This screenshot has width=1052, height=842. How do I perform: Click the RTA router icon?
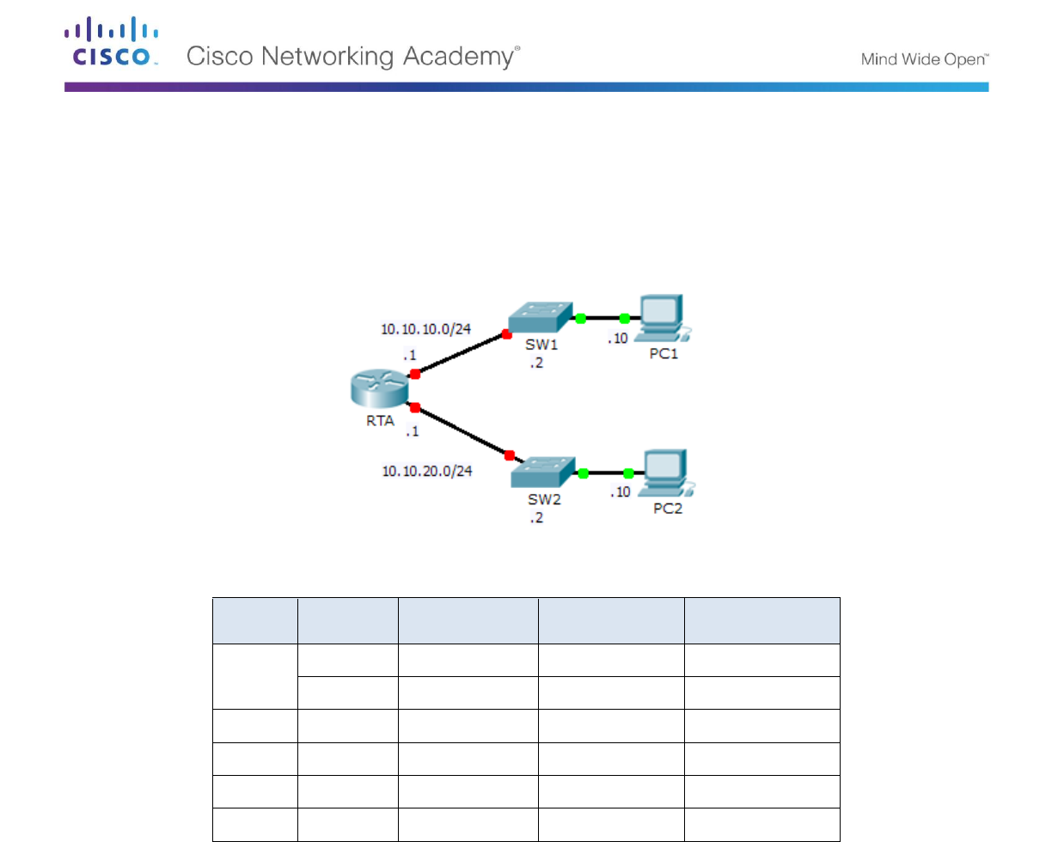pyautogui.click(x=379, y=391)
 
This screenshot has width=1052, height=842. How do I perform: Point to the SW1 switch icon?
pyautogui.click(x=540, y=317)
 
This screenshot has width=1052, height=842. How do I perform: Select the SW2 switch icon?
pyautogui.click(x=544, y=470)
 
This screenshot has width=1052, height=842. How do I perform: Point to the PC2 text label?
pyautogui.click(x=668, y=508)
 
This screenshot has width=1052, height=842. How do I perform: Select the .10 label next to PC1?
pyautogui.click(x=618, y=339)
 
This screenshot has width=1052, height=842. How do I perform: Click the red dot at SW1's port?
pyautogui.click(x=507, y=335)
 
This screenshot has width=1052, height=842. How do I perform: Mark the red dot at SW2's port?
pyautogui.click(x=509, y=455)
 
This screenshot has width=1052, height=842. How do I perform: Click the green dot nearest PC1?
pyautogui.click(x=625, y=319)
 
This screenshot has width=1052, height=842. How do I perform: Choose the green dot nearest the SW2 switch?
pyautogui.click(x=584, y=473)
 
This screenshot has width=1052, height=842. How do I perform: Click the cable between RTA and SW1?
pyautogui.click(x=461, y=355)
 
